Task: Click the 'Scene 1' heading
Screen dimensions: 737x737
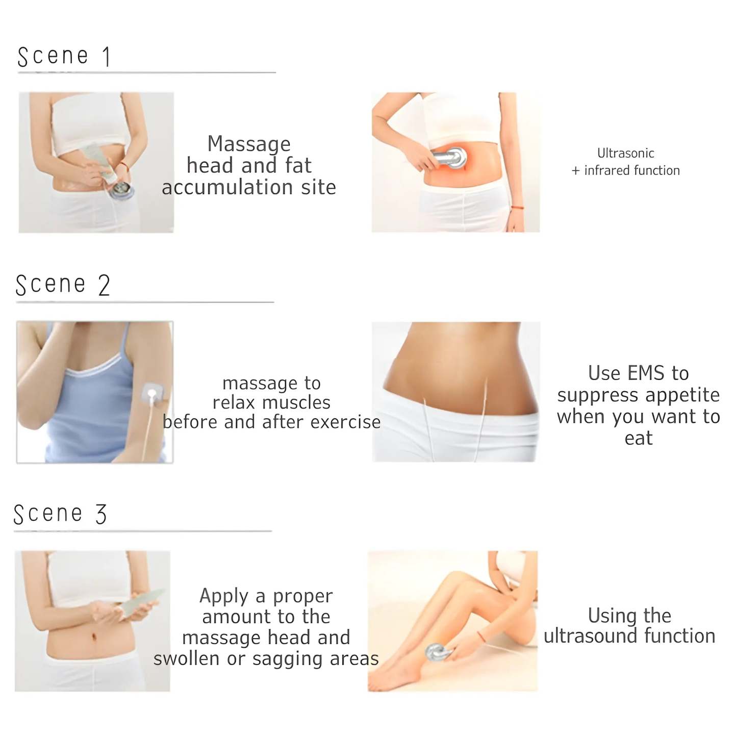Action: [64, 57]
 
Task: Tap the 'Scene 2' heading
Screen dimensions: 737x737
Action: [63, 285]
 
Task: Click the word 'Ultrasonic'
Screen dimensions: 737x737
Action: [625, 154]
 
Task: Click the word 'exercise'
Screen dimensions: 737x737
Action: [345, 422]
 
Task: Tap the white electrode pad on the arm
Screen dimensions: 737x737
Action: [152, 395]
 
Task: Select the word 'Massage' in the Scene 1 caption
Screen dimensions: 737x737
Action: [249, 145]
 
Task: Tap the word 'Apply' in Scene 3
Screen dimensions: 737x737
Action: [224, 596]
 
